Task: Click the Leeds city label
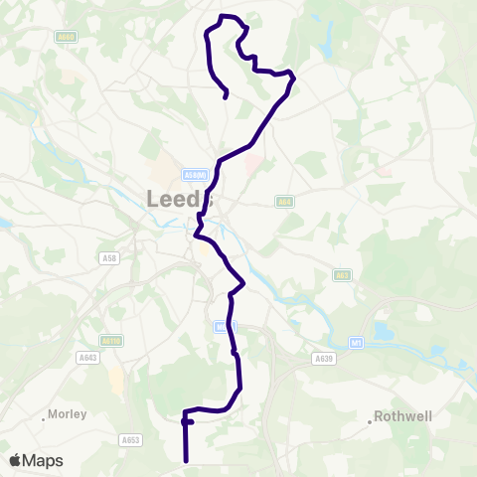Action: pyautogui.click(x=180, y=199)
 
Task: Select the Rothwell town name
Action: pyautogui.click(x=404, y=417)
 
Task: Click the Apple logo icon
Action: pyautogui.click(x=16, y=460)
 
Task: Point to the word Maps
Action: pyautogui.click(x=44, y=460)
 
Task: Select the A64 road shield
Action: pyautogui.click(x=283, y=201)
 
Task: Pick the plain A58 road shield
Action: pyautogui.click(x=109, y=258)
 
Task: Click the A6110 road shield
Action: pyautogui.click(x=111, y=340)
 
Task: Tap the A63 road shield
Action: pyautogui.click(x=343, y=276)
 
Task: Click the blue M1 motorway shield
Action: pyautogui.click(x=357, y=342)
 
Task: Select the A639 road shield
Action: pyautogui.click(x=323, y=358)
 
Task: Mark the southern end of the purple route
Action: pyautogui.click(x=186, y=460)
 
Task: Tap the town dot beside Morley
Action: pyautogui.click(x=43, y=418)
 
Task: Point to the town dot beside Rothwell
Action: pyautogui.click(x=371, y=421)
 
